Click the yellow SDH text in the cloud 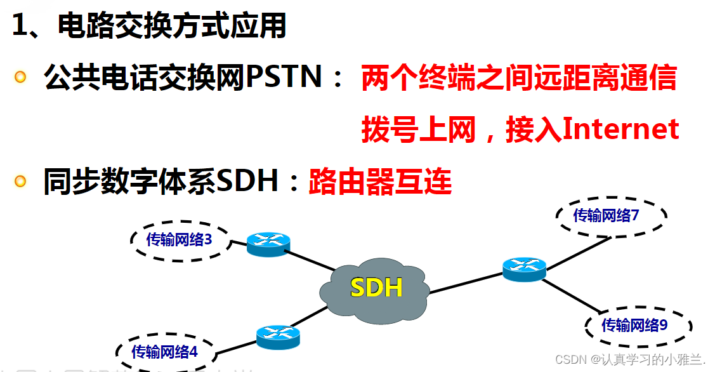(376, 288)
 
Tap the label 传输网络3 (179, 239)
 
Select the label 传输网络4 (164, 352)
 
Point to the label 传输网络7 (606, 215)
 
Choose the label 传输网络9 (634, 325)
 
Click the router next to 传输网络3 (268, 244)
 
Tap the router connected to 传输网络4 (278, 337)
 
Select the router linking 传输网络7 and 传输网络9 (525, 269)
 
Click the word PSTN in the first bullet (284, 77)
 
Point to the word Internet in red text (621, 129)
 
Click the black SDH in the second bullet (247, 180)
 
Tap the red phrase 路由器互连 (380, 181)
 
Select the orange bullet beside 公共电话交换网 (20, 76)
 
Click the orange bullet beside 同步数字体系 (20, 181)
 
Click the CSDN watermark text (630, 360)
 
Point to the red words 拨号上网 (419, 130)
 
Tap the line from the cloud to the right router (466, 283)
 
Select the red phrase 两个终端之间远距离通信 (519, 77)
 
